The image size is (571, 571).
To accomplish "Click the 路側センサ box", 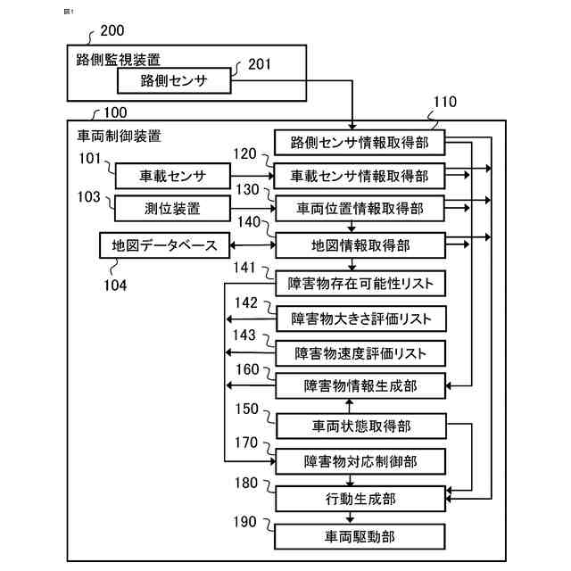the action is [x=174, y=80].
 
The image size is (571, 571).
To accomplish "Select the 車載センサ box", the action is [x=172, y=177].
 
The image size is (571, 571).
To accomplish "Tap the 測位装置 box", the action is [x=172, y=208].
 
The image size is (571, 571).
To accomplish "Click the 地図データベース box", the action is [x=164, y=245].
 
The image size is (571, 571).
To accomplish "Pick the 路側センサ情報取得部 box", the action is [x=360, y=143].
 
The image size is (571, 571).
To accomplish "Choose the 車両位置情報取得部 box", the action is [x=360, y=208].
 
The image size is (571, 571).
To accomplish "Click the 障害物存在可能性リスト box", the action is [x=360, y=284].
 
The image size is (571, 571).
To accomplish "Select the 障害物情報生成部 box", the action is [x=360, y=385].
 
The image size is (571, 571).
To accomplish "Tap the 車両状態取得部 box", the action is [x=361, y=426].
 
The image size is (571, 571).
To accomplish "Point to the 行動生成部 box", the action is [x=360, y=499].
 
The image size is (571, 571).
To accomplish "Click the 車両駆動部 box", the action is [x=360, y=536].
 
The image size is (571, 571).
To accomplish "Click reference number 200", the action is [x=112, y=30].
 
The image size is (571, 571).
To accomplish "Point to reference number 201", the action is [x=260, y=64].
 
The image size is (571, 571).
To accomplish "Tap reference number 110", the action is [x=445, y=102].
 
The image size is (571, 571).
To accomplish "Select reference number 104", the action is [x=115, y=285].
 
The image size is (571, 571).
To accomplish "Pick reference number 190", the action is [x=244, y=522].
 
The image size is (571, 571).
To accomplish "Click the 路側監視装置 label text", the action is [x=119, y=60].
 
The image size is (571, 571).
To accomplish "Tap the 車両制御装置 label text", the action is [x=119, y=137].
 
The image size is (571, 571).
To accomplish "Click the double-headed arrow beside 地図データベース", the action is [x=253, y=245].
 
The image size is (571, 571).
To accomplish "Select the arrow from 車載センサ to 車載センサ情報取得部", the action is [x=252, y=177].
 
